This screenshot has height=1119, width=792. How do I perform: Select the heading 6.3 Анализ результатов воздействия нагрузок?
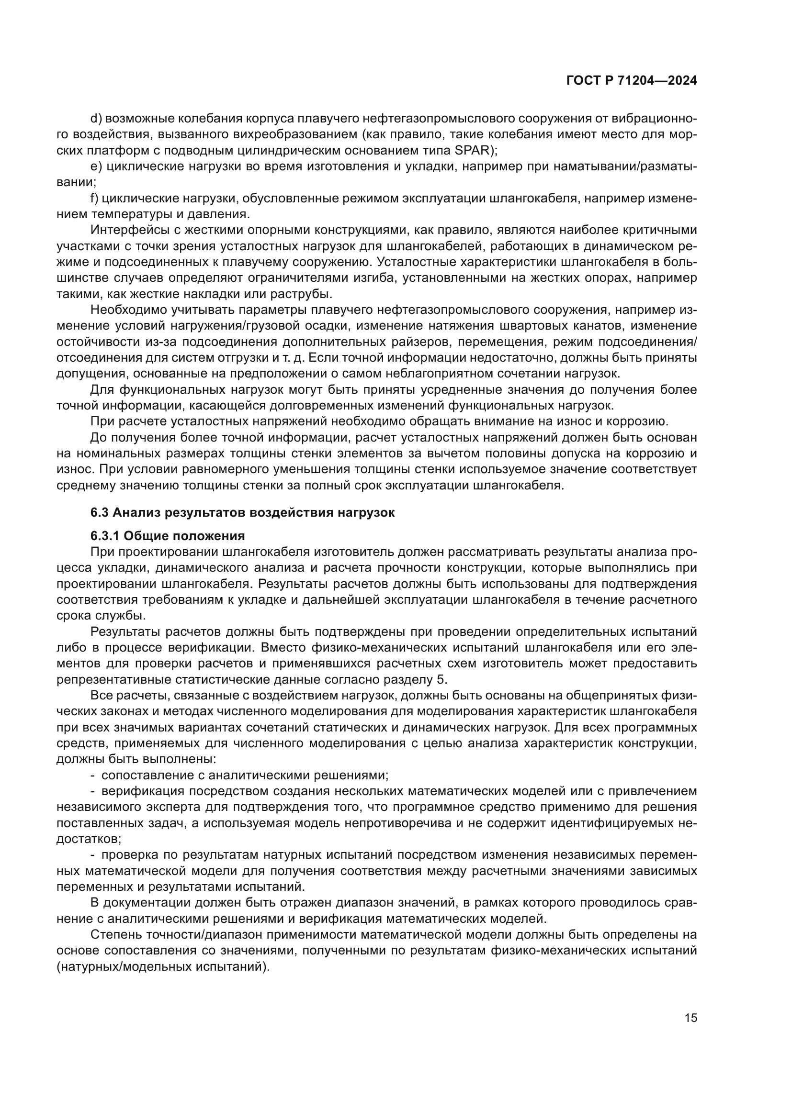coord(242,513)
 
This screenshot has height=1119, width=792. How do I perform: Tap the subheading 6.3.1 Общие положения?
coord(167,536)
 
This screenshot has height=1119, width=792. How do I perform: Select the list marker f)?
coord(95,199)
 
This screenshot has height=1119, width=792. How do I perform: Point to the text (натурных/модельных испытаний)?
coord(163,966)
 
